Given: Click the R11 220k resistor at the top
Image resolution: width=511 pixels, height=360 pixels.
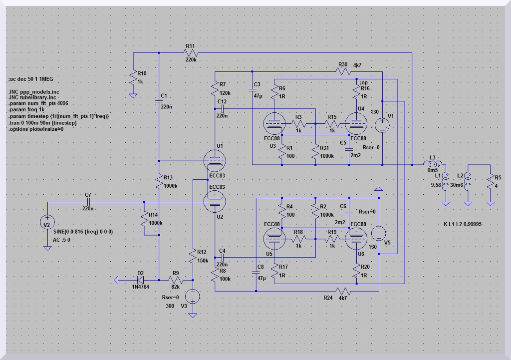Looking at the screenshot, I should click(191, 53).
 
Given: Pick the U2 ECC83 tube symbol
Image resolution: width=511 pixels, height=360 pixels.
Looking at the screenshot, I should click(215, 202).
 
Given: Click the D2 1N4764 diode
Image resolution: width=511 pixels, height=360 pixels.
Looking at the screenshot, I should click(141, 281).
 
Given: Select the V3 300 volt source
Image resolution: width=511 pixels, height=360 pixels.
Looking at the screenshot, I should click(193, 296).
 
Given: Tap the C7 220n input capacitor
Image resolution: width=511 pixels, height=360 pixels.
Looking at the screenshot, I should click(87, 202).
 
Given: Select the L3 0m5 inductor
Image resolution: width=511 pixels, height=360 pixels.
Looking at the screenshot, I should click(433, 164).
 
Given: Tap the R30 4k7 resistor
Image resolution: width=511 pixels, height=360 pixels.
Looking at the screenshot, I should click(343, 71).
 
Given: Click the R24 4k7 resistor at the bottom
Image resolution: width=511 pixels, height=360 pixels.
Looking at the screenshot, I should click(343, 290).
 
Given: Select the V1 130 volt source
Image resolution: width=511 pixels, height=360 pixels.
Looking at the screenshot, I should click(382, 124).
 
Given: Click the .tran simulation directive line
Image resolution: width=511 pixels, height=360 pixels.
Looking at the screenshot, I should click(42, 122).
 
